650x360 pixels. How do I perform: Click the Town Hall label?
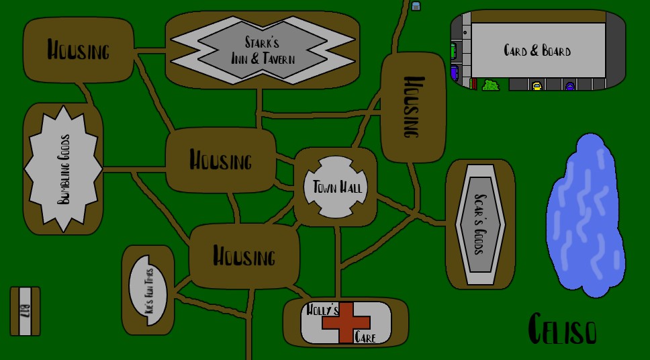coord(336,187)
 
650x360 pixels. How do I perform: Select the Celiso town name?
coord(562,329)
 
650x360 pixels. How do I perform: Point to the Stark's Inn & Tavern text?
coord(263,52)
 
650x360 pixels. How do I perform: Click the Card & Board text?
coord(537,50)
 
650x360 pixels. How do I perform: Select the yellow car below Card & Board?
coord(537,86)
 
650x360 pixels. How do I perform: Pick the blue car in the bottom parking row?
coord(569,86)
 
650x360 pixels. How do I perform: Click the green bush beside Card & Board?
coord(491,85)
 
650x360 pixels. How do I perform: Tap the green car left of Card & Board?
coord(453,50)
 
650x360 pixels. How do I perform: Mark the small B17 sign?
coord(26,311)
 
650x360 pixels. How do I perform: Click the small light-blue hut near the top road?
coord(416,6)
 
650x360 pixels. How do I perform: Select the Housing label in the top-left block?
coord(78,50)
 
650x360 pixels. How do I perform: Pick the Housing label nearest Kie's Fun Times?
coord(244,257)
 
